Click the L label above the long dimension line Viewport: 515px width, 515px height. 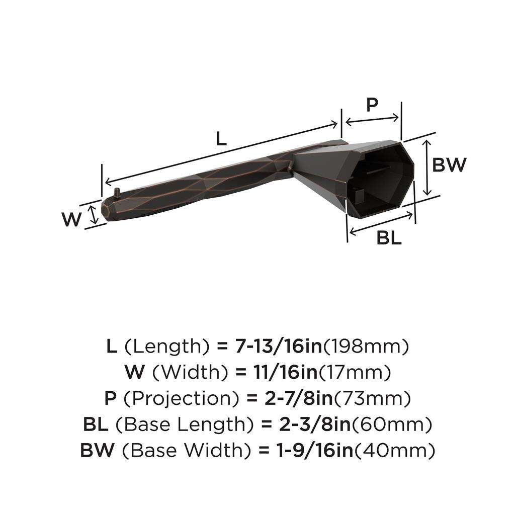click(x=221, y=138)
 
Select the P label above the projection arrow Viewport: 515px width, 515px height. click(x=372, y=105)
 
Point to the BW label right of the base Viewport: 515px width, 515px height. click(x=450, y=164)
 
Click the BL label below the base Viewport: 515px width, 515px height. click(x=389, y=238)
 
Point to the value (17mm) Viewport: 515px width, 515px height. click(x=354, y=372)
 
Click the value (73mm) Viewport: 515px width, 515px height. click(x=373, y=399)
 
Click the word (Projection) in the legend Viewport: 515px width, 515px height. click(x=181, y=399)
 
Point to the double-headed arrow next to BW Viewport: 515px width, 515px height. click(x=427, y=167)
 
